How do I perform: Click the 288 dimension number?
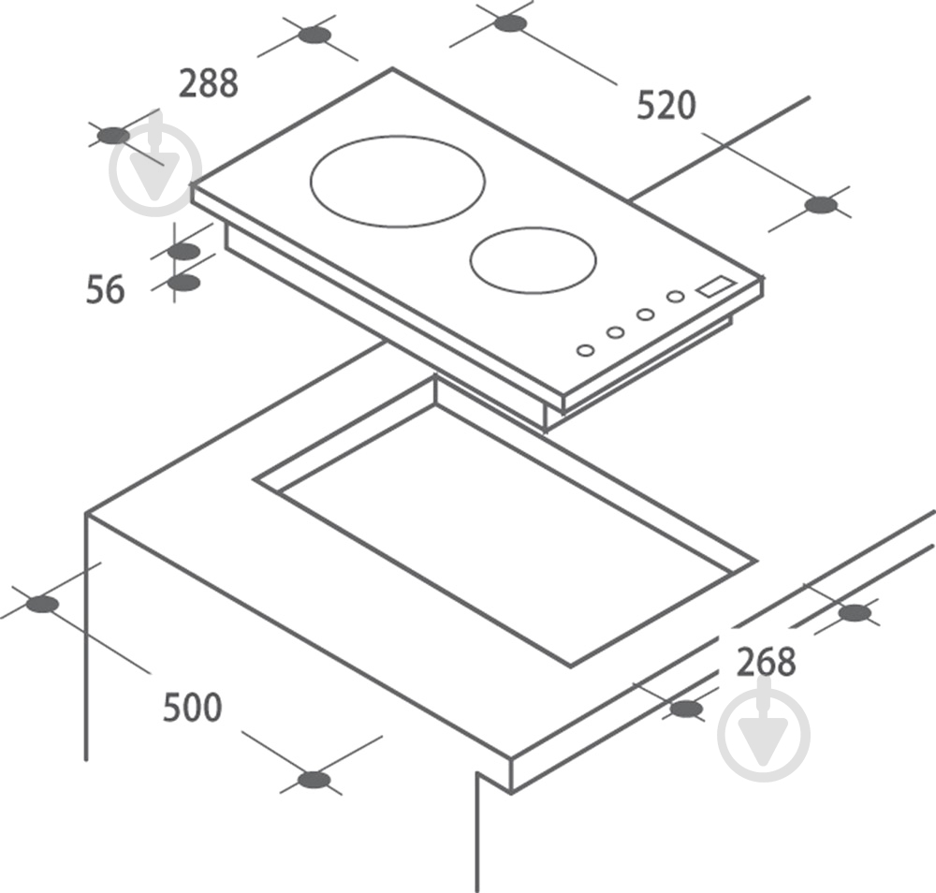coord(209,83)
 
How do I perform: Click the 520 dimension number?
coord(666,105)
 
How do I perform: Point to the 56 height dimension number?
coord(106,289)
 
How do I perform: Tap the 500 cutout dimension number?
coord(192,707)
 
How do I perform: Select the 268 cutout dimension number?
coord(767,662)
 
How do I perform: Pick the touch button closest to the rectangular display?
coord(675,296)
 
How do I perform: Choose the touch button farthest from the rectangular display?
coord(586,350)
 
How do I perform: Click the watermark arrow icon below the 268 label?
coord(764,734)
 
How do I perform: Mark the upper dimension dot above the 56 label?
coord(183,252)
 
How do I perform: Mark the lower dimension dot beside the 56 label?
coord(183,283)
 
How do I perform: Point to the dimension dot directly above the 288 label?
coord(314,36)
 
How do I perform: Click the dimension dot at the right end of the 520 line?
coord(821,205)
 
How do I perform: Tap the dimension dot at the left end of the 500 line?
coord(42,604)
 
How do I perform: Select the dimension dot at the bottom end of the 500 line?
coord(314,780)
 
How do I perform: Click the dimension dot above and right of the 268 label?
coord(855,613)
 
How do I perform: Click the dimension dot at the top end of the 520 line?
coord(510,23)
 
